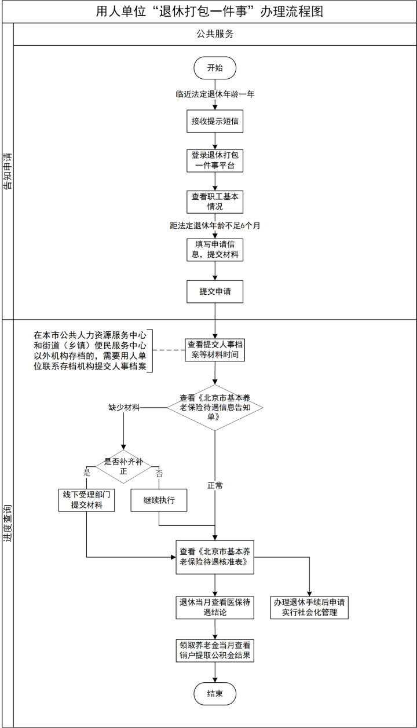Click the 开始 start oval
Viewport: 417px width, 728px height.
tap(215, 68)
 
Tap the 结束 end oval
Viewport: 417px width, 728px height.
tap(215, 693)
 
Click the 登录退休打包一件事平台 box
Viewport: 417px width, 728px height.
tap(215, 160)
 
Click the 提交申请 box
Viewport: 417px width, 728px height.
tap(215, 291)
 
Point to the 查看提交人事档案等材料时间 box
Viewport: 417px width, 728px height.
tap(215, 349)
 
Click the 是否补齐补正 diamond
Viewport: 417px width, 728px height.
tap(123, 467)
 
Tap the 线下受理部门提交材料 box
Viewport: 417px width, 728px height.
tap(86, 500)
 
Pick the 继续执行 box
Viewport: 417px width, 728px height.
tap(159, 500)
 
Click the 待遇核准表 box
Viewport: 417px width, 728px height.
tap(215, 557)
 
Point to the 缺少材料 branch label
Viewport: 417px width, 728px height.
tap(124, 407)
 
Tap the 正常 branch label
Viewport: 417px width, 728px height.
tap(215, 485)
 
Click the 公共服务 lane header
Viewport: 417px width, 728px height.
tap(214, 34)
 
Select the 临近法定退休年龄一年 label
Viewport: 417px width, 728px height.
tap(215, 94)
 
